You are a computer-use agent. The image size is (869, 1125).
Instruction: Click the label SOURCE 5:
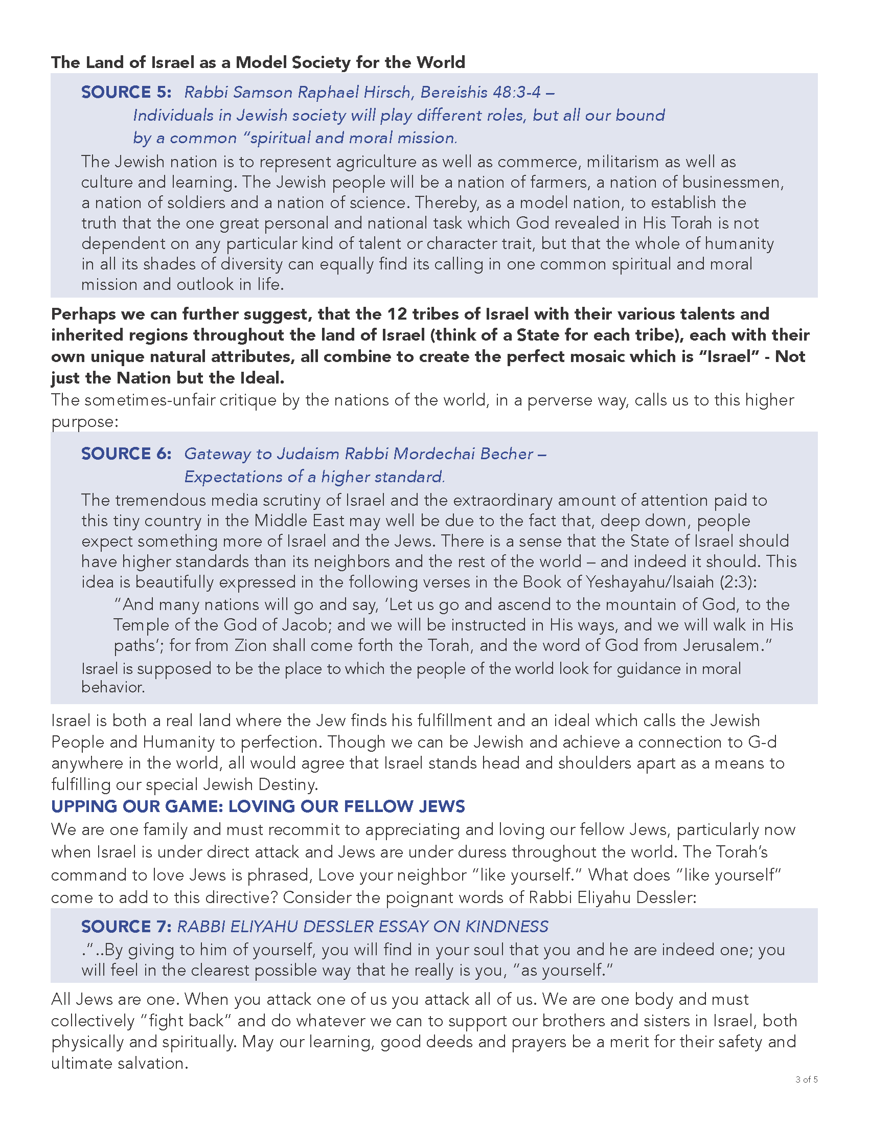point(126,92)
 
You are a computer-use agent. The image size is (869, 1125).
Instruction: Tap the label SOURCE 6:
point(126,454)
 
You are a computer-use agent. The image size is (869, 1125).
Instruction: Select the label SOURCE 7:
point(126,927)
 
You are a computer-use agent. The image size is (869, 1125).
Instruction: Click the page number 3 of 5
point(806,1094)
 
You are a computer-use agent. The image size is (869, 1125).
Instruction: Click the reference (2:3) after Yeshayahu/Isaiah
point(738,582)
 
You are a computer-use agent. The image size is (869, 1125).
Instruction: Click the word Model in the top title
point(261,62)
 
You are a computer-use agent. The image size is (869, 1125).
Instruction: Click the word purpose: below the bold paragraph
point(85,422)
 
